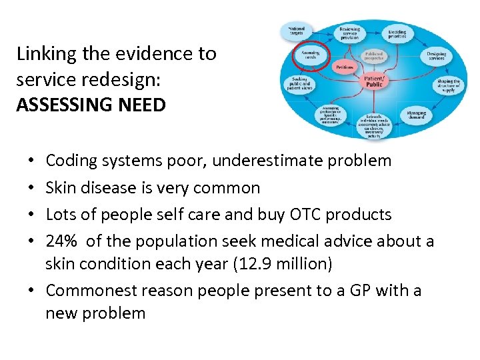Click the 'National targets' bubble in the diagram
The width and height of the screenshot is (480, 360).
[x=297, y=31]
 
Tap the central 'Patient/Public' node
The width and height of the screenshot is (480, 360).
[x=374, y=82]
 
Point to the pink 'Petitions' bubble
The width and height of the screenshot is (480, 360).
[x=344, y=67]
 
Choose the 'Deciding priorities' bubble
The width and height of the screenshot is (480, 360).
[x=397, y=33]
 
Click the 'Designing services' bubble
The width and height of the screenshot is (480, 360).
[x=436, y=55]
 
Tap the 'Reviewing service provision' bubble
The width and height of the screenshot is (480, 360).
[x=349, y=33]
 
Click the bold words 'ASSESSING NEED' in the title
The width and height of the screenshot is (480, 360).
[x=91, y=105]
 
